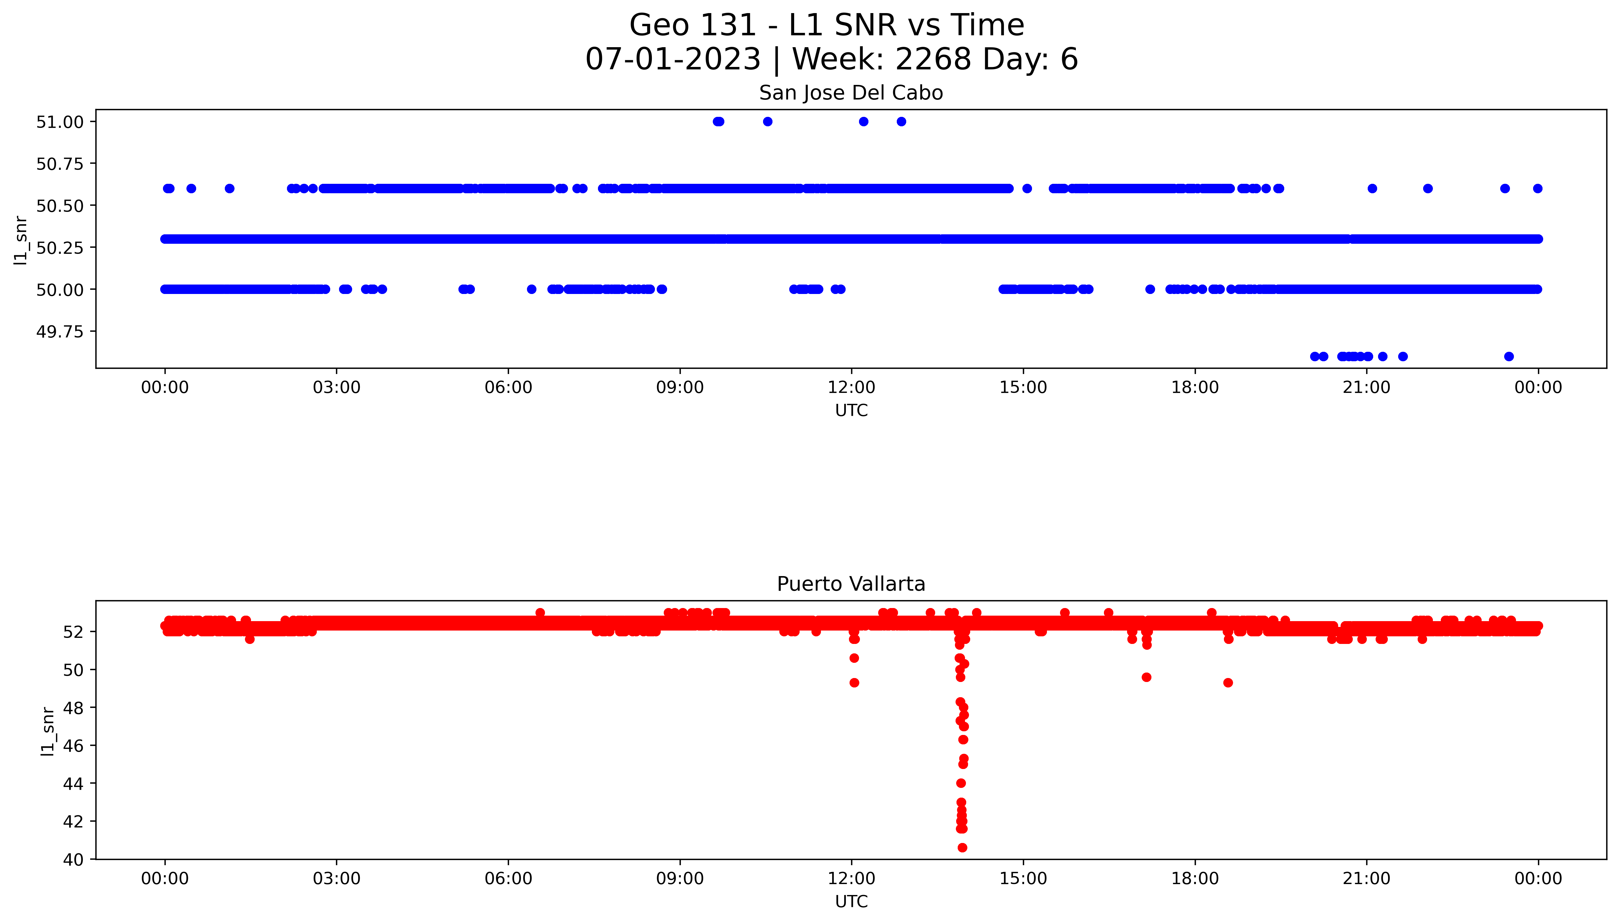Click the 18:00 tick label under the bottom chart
click(1195, 879)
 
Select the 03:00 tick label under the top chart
click(336, 387)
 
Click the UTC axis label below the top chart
click(851, 411)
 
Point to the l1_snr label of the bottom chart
click(48, 731)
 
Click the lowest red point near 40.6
click(962, 848)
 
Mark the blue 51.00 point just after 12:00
click(864, 122)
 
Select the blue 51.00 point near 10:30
click(768, 122)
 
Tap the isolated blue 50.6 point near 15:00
click(1027, 188)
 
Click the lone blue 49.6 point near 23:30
click(1509, 356)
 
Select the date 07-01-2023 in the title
click(673, 60)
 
